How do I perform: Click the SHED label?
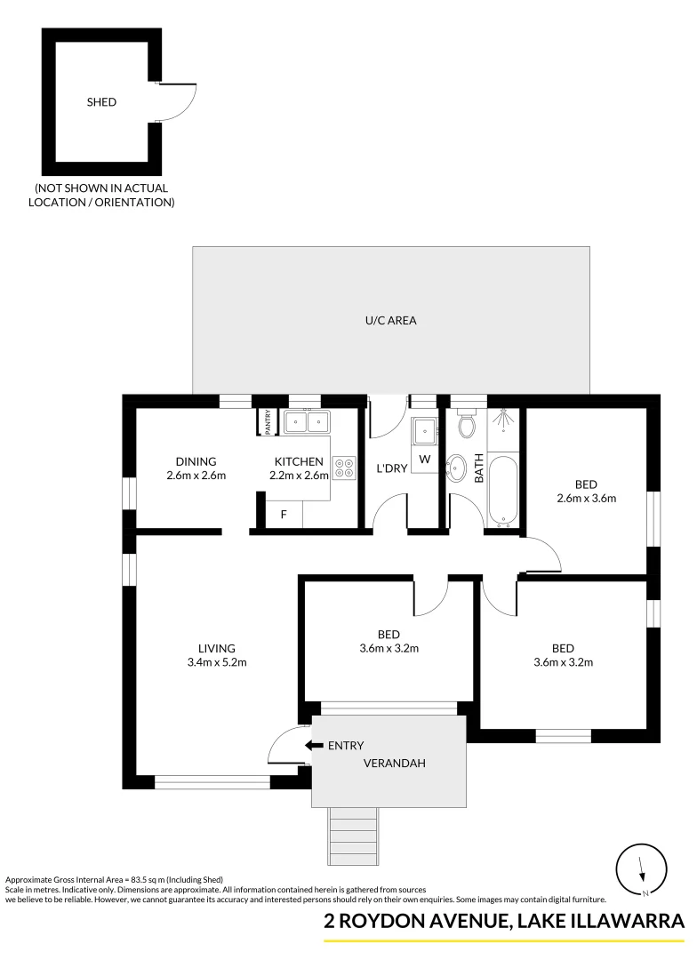pyautogui.click(x=101, y=102)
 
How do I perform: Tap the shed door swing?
pyautogui.click(x=177, y=100)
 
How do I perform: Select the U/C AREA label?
pyautogui.click(x=391, y=320)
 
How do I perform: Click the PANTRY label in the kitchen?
pyautogui.click(x=268, y=421)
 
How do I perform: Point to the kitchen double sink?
pyautogui.click(x=306, y=420)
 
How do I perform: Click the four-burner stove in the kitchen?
pyautogui.click(x=343, y=468)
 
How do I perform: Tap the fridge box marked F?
pyautogui.click(x=284, y=515)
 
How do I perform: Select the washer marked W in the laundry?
pyautogui.click(x=425, y=460)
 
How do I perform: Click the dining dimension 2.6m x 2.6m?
pyautogui.click(x=196, y=476)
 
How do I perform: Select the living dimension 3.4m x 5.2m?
pyautogui.click(x=217, y=662)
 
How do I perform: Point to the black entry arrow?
pyautogui.click(x=312, y=746)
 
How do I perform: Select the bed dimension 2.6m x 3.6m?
pyautogui.click(x=585, y=498)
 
